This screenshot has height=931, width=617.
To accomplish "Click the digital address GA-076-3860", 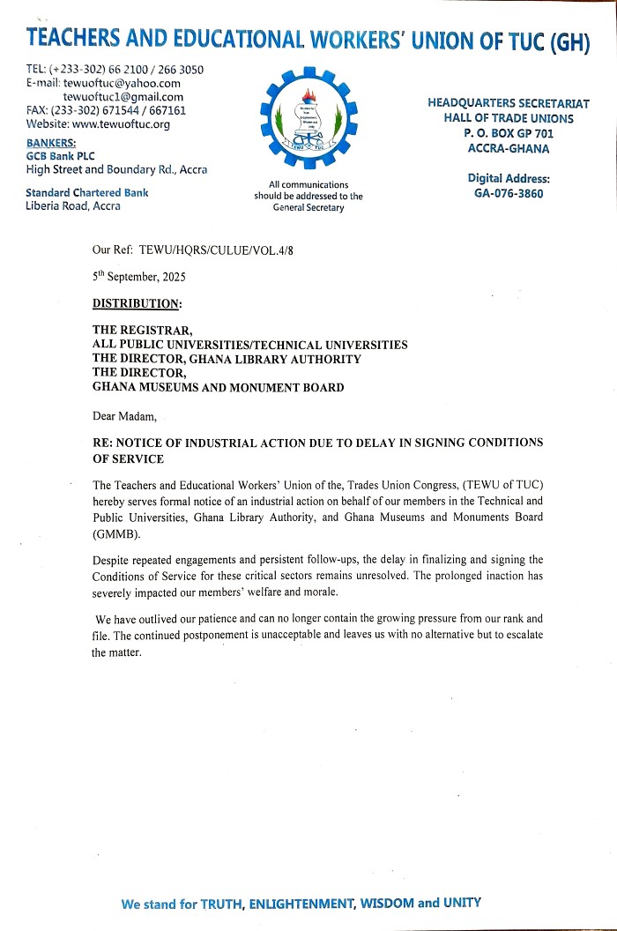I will [x=509, y=194].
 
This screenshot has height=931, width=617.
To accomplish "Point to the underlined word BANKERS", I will [x=51, y=143].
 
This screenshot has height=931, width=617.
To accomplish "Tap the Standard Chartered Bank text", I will [x=87, y=192].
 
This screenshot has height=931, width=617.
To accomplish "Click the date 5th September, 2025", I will [x=139, y=276].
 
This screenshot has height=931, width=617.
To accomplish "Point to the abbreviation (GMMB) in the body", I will [x=115, y=533].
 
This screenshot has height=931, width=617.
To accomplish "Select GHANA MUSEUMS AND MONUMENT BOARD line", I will [x=219, y=387].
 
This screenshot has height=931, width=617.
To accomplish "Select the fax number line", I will [x=106, y=111].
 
